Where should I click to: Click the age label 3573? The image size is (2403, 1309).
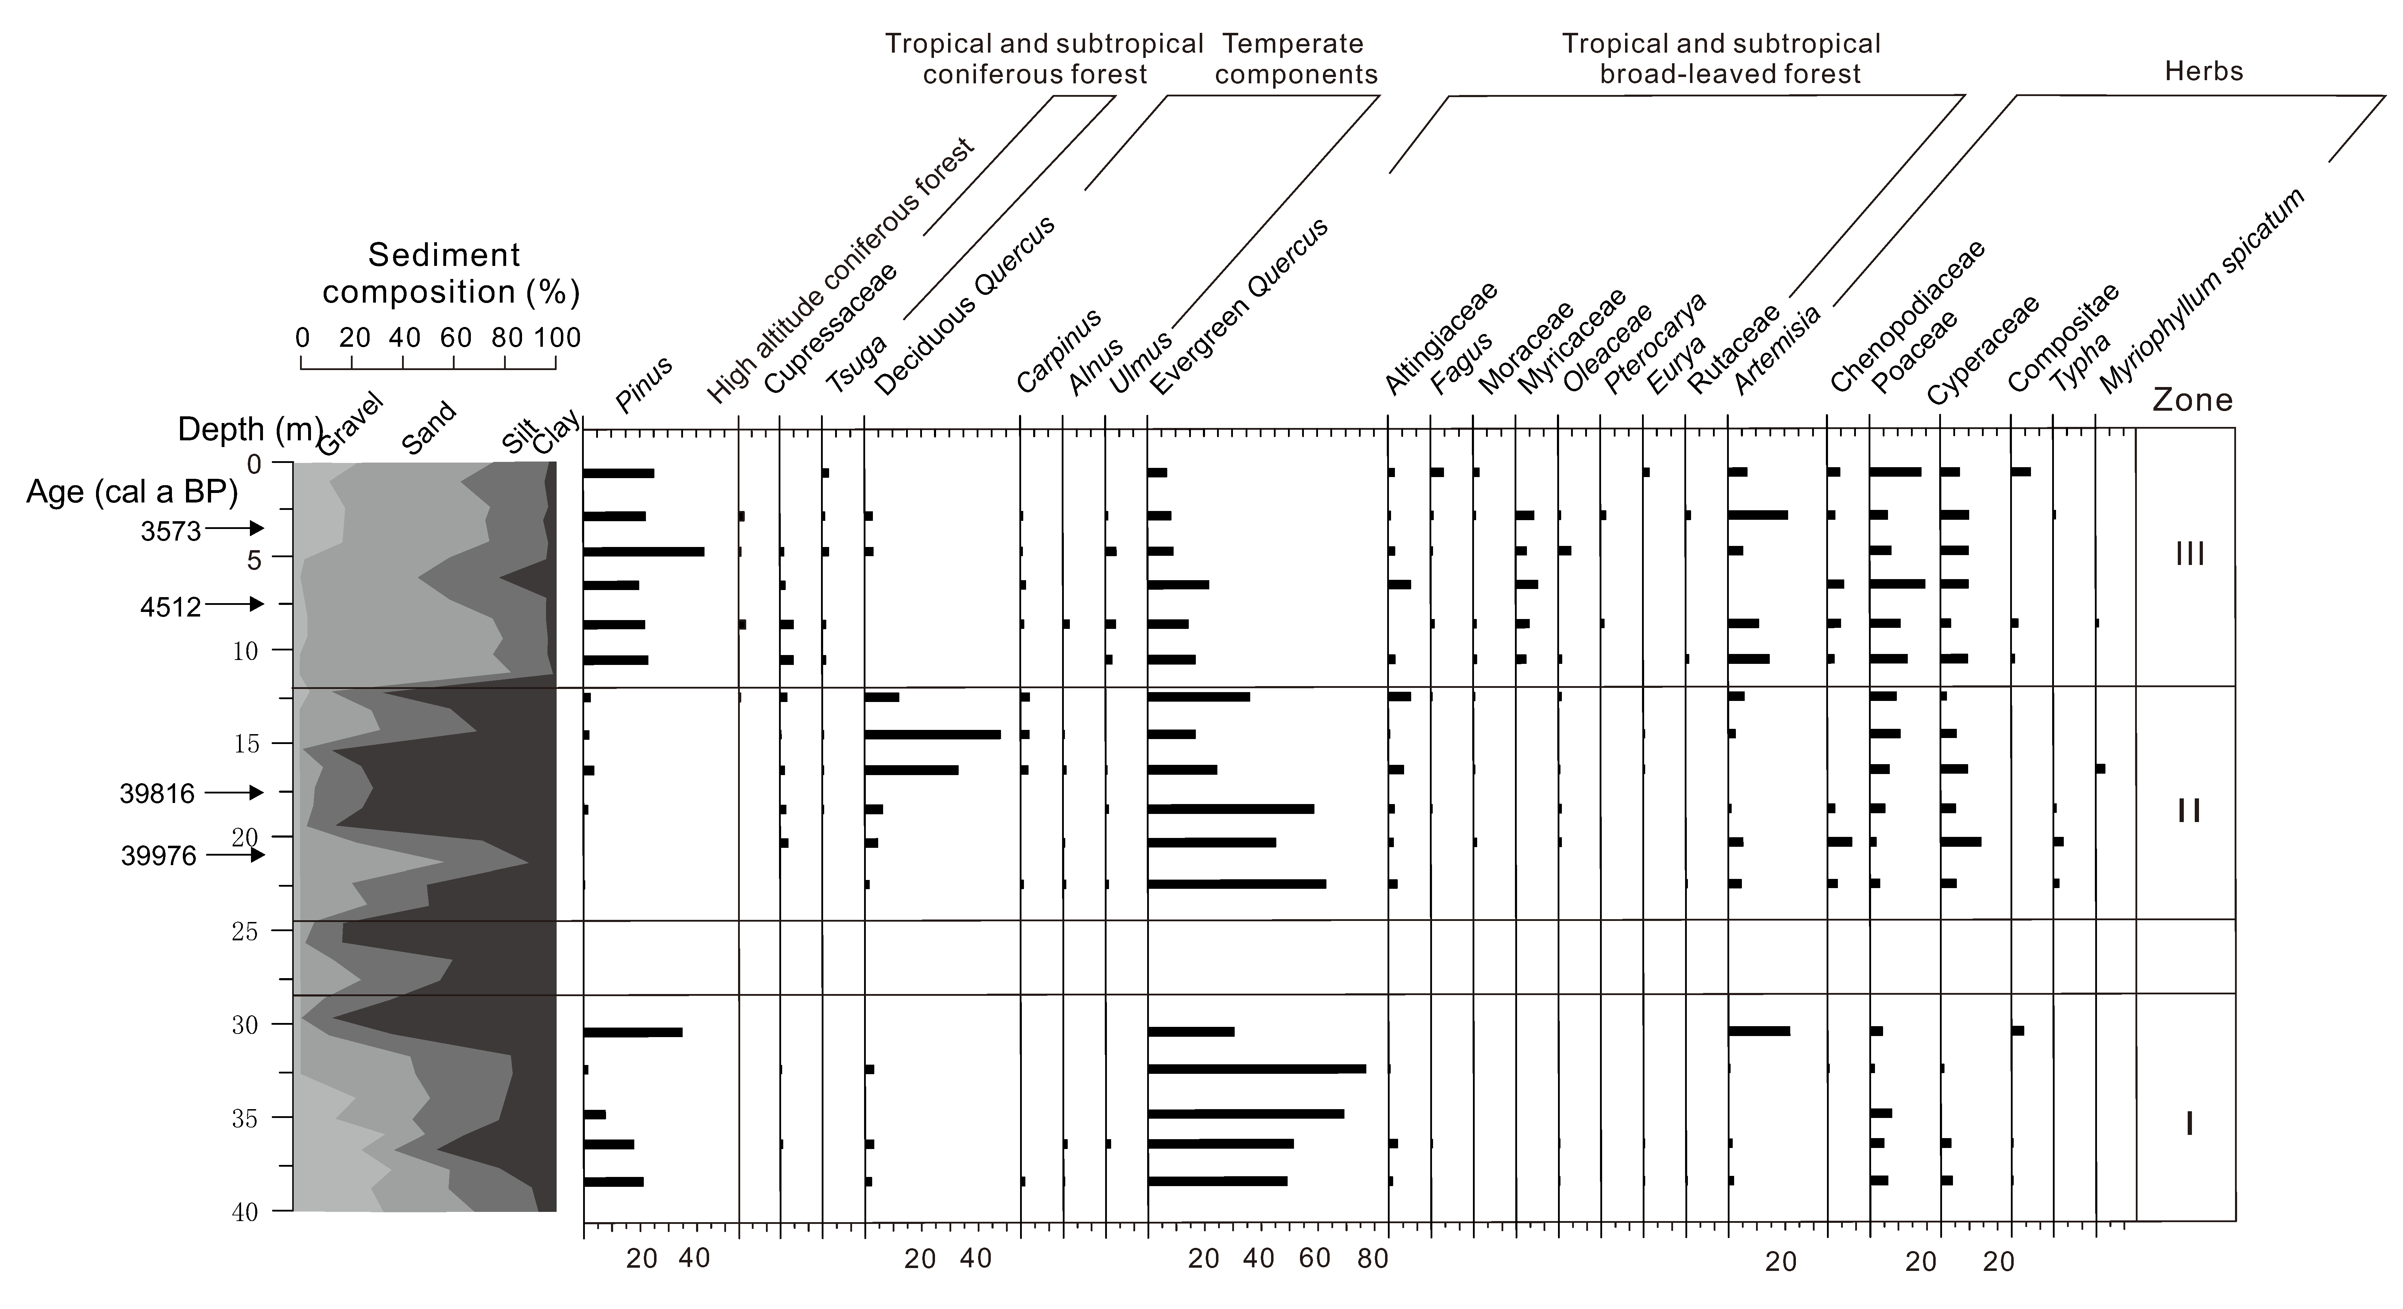click(x=171, y=531)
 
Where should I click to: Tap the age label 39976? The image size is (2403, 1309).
click(x=158, y=856)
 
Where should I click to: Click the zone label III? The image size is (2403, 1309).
click(x=2189, y=554)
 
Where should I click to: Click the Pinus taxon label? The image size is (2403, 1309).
click(x=644, y=385)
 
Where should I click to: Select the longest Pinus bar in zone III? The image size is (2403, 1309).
click(x=644, y=552)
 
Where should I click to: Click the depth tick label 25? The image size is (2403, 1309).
click(x=244, y=931)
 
